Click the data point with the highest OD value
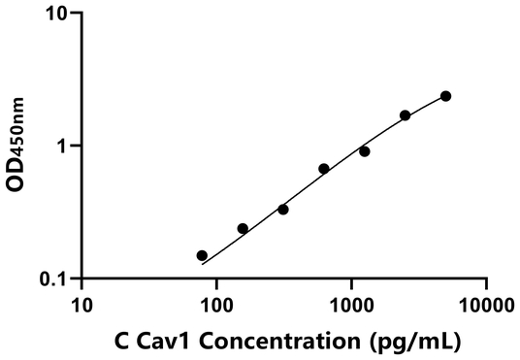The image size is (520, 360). tap(445, 96)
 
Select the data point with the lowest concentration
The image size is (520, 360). tap(202, 256)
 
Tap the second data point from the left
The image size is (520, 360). tap(243, 229)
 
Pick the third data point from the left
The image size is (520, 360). tap(283, 210)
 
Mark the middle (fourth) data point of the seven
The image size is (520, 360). tap(324, 169)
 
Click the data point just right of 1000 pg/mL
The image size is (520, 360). tap(365, 151)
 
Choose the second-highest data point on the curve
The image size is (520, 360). tap(405, 115)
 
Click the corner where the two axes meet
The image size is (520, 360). tap(81, 279)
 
